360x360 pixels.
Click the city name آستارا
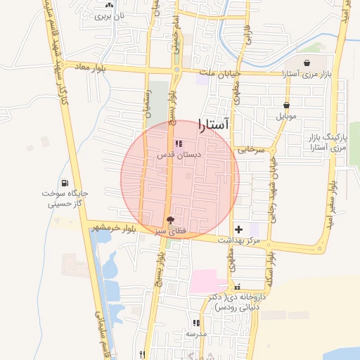click(x=214, y=125)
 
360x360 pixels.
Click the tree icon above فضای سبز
click(x=169, y=219)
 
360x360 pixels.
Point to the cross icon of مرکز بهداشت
click(x=238, y=229)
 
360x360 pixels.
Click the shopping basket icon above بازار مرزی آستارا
click(x=307, y=63)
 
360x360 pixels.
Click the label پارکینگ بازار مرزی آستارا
click(x=328, y=143)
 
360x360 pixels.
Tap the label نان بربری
click(x=109, y=15)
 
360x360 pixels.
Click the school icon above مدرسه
click(x=195, y=323)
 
